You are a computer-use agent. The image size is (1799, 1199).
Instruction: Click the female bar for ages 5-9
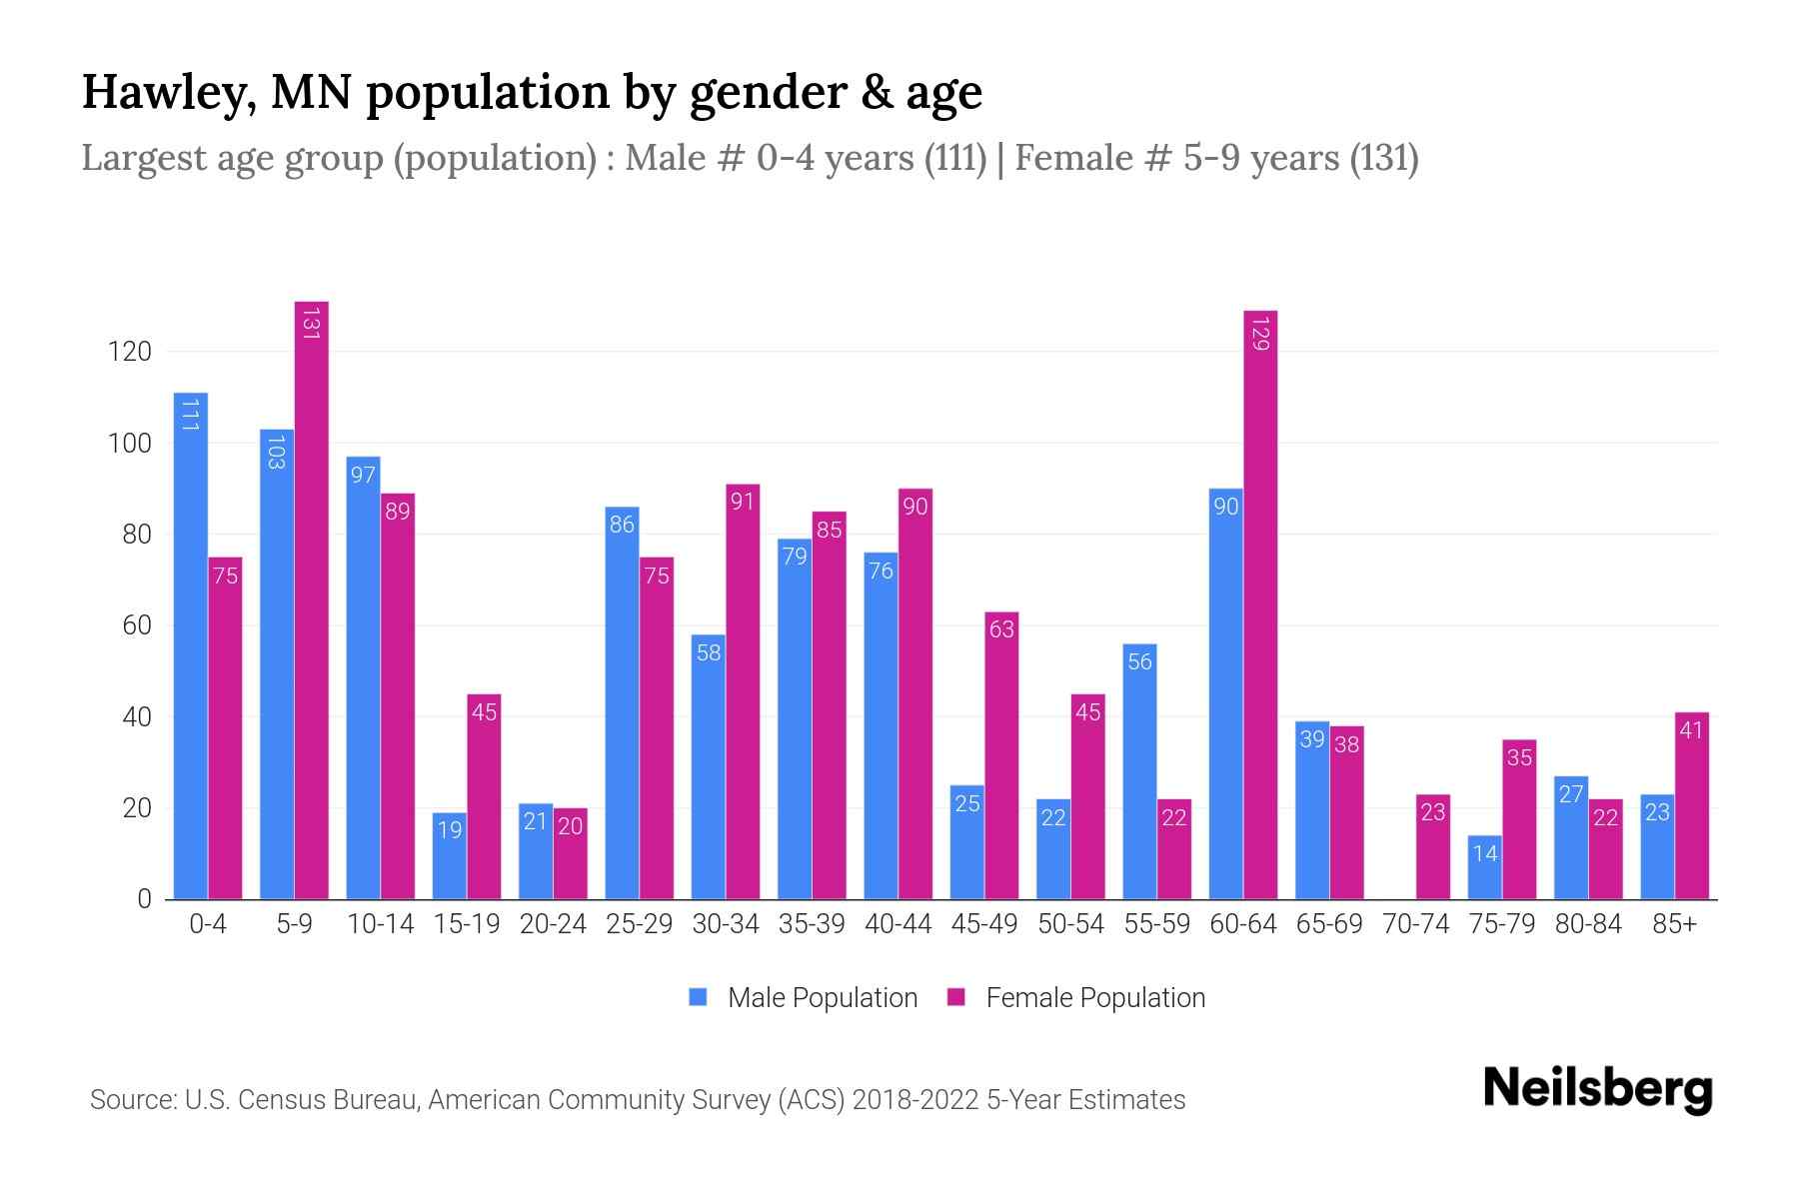tap(311, 599)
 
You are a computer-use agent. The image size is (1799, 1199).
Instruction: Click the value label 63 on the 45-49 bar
tap(1001, 629)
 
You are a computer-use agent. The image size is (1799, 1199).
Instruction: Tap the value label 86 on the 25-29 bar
tap(622, 525)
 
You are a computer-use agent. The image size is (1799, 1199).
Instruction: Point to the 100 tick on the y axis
tap(130, 443)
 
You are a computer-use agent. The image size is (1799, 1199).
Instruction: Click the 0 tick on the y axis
tap(144, 899)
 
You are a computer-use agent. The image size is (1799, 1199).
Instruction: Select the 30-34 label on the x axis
tap(726, 924)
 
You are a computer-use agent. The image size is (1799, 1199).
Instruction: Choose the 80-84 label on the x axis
tap(1588, 924)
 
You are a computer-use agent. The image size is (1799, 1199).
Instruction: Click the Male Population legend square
tap(698, 997)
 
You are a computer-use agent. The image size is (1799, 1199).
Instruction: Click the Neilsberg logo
tap(1597, 1089)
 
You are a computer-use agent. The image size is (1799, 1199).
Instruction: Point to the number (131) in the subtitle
tap(1383, 158)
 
